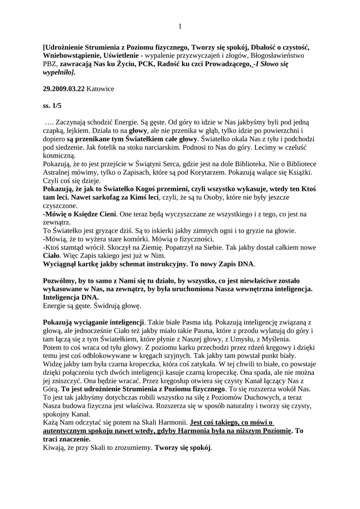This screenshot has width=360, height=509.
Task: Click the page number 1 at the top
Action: click(180, 26)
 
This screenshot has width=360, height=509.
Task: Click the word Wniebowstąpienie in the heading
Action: click(73, 56)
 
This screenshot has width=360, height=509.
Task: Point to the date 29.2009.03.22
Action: click(64, 89)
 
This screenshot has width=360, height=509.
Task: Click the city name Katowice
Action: click(100, 89)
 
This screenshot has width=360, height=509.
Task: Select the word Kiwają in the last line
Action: click(55, 447)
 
